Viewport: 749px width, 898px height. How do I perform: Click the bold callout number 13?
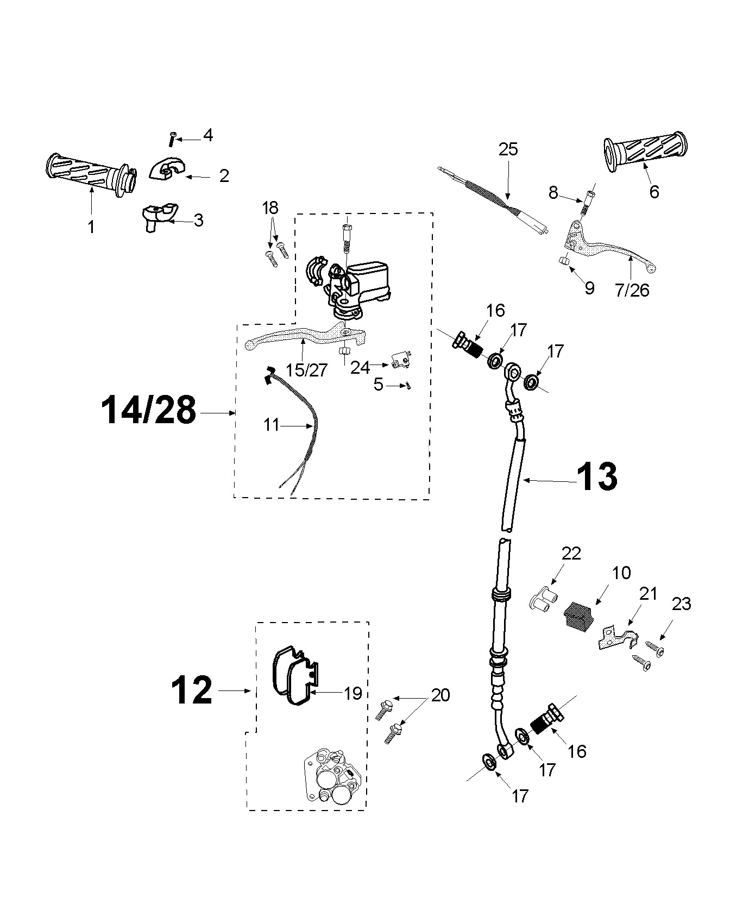click(596, 477)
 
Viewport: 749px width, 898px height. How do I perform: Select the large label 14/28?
click(148, 411)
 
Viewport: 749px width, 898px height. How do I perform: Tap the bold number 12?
click(192, 691)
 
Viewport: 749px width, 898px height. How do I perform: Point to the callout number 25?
click(508, 149)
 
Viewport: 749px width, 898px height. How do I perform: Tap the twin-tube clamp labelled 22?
click(542, 601)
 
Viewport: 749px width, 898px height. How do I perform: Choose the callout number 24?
click(360, 367)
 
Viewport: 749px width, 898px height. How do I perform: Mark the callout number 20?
click(440, 695)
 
